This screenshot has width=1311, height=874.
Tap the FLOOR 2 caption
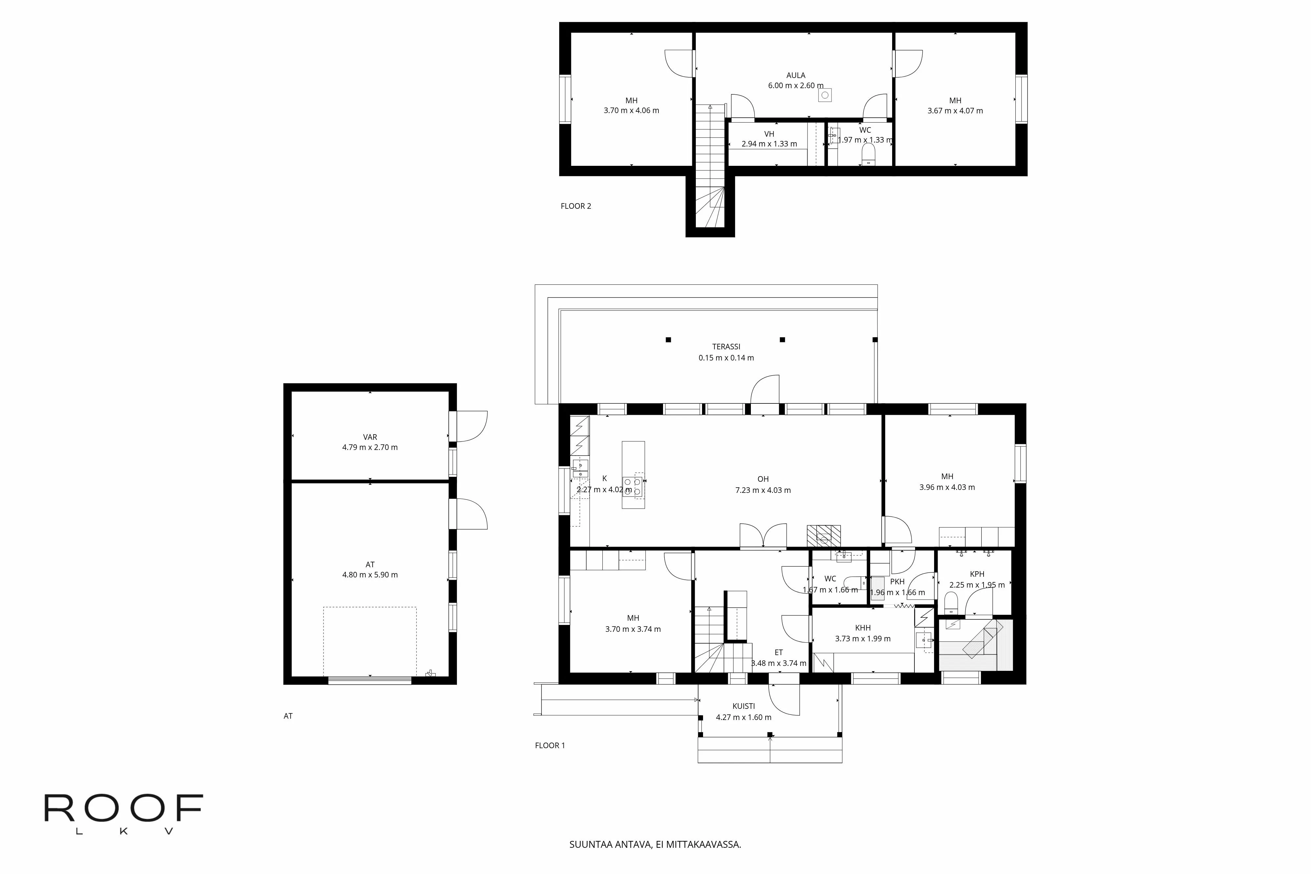point(576,206)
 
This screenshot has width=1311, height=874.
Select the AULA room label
point(795,75)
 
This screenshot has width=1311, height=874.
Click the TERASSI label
point(726,347)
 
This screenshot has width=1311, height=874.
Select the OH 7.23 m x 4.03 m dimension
point(763,491)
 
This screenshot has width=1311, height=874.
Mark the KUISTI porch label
point(744,706)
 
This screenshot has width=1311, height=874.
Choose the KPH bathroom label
point(977,574)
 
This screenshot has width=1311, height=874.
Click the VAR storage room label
point(370,437)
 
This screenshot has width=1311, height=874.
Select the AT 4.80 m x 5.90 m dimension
point(370,575)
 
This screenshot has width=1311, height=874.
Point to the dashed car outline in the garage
point(370,641)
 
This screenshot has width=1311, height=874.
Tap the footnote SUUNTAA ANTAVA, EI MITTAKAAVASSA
point(655,845)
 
